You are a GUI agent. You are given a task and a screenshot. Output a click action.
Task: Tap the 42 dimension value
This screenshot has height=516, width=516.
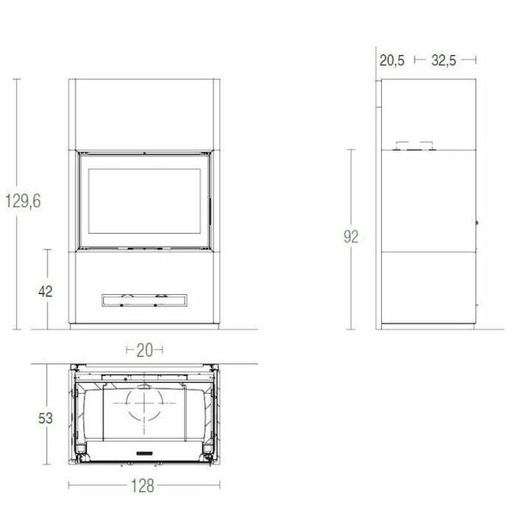46,291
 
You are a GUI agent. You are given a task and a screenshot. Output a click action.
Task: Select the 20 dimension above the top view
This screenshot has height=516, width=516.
144,349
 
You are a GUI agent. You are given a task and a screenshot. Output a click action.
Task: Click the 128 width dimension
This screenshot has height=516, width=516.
144,485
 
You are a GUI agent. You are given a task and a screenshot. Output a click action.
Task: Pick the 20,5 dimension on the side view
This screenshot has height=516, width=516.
391,60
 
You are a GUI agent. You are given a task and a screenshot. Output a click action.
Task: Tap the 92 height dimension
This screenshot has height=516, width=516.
349,237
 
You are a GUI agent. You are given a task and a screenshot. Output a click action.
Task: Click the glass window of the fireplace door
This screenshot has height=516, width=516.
144,200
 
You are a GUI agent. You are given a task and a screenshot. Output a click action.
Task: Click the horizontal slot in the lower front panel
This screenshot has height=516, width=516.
144,299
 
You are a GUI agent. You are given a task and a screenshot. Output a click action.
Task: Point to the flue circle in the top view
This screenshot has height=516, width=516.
144,401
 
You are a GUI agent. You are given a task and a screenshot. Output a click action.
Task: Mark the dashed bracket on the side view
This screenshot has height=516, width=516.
414,145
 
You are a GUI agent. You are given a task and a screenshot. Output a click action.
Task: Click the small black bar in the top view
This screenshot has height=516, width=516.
144,452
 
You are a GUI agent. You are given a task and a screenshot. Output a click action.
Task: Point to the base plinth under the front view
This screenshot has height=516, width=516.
144,327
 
